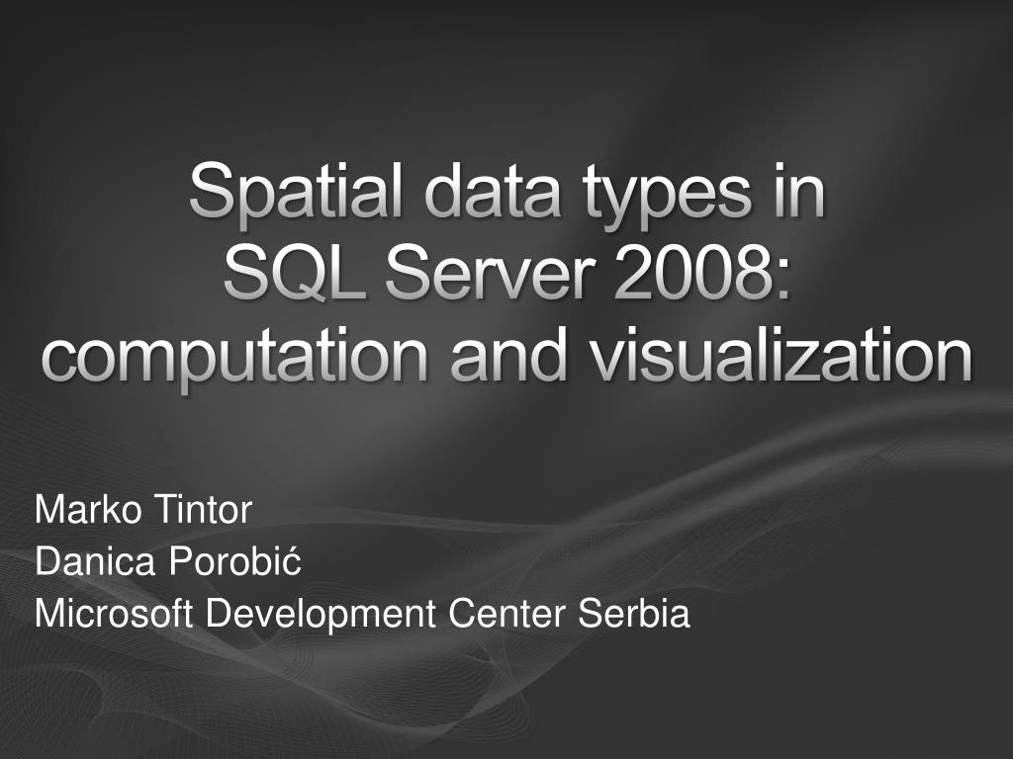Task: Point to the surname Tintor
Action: [203, 511]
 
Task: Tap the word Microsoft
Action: [116, 615]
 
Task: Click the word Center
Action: [509, 615]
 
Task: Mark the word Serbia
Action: [634, 615]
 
